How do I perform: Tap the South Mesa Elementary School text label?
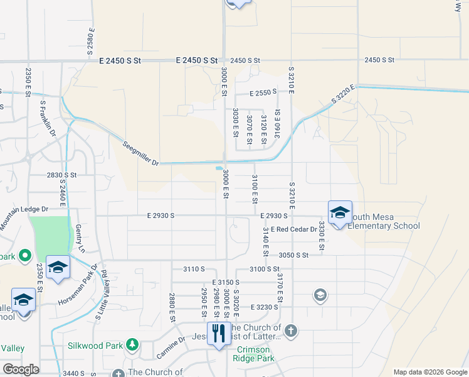pyautogui.click(x=383, y=221)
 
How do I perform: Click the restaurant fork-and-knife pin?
pyautogui.click(x=219, y=332)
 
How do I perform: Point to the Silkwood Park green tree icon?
pyautogui.click(x=132, y=344)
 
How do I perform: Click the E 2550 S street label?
pyautogui.click(x=263, y=93)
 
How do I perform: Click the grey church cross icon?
pyautogui.click(x=290, y=331)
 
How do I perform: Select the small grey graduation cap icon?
pyautogui.click(x=320, y=295)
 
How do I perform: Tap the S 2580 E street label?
pyautogui.click(x=91, y=39)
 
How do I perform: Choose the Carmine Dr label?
pyautogui.click(x=171, y=347)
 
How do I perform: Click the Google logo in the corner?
pyautogui.click(x=21, y=369)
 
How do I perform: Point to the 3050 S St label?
pyautogui.click(x=294, y=255)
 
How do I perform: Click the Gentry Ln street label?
pyautogui.click(x=80, y=239)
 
